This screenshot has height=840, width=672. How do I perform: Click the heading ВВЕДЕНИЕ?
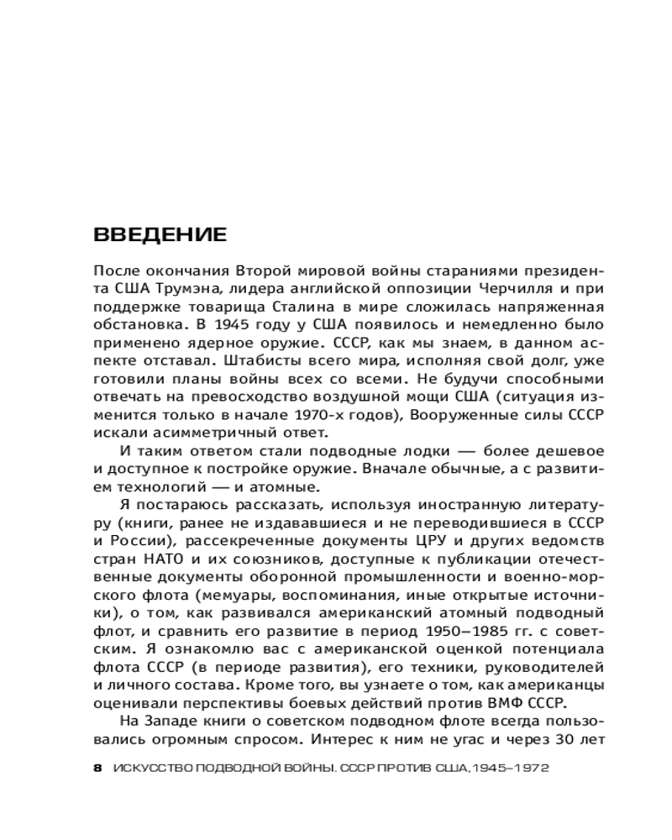[x=160, y=234]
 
